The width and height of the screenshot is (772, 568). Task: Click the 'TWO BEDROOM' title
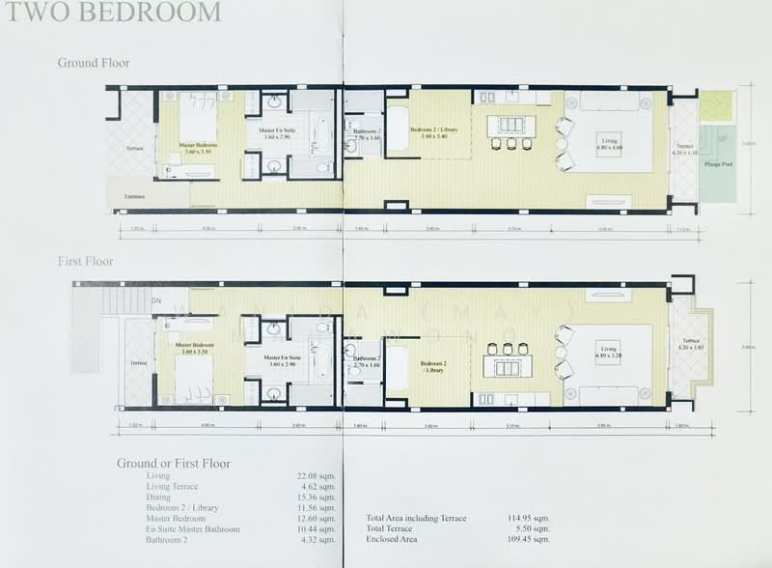click(111, 12)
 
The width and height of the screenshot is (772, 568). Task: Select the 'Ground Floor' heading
click(94, 64)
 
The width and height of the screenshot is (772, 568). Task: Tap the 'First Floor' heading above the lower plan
click(85, 262)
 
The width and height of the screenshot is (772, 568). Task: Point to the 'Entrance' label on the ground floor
click(134, 196)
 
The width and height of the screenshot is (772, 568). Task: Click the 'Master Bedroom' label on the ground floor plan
click(198, 148)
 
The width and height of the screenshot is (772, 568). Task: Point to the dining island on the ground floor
click(506, 124)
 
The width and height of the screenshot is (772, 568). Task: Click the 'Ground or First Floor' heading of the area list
click(174, 463)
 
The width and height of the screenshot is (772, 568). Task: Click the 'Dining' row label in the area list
click(159, 497)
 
